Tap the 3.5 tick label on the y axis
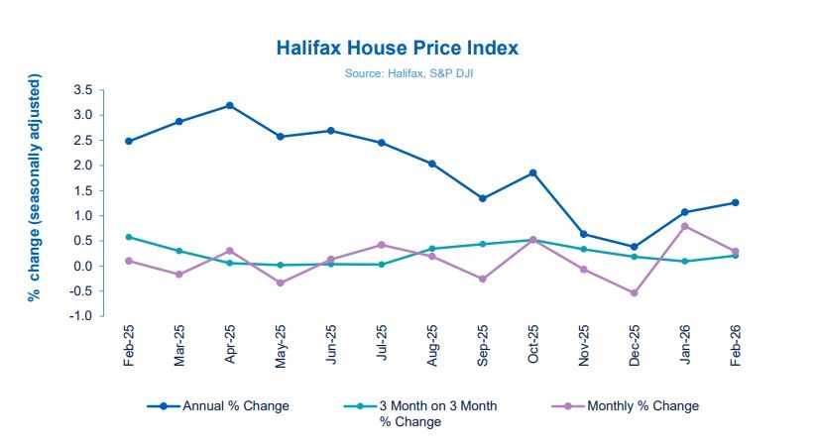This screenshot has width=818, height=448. coord(82,90)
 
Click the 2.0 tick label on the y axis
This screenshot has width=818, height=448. coord(82,166)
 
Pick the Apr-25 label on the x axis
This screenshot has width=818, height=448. coord(230,344)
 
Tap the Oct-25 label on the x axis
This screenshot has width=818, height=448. coord(532,344)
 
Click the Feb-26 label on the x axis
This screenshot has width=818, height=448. coord(735,344)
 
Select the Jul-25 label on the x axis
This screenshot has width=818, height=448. coord(382,344)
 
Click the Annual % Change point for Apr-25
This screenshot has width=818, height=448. coord(230,105)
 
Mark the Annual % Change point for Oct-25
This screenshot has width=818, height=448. coord(532,172)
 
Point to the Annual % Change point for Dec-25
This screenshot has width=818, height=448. coord(634,247)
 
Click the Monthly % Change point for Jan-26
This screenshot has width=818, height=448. coord(684,226)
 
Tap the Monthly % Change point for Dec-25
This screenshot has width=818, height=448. coord(634,292)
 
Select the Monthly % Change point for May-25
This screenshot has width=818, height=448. coord(281,282)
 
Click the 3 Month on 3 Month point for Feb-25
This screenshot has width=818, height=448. coord(129,237)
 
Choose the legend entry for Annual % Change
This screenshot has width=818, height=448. coord(217,405)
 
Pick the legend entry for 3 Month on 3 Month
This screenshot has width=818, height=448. coord(426,412)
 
